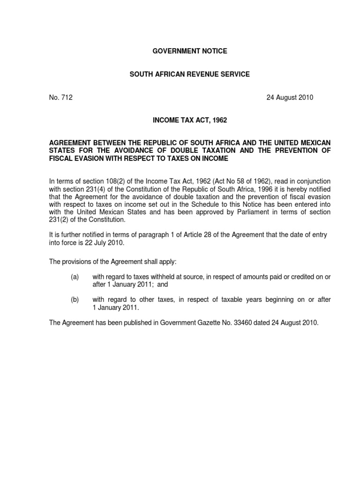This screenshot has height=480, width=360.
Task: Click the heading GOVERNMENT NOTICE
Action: pyautogui.click(x=190, y=51)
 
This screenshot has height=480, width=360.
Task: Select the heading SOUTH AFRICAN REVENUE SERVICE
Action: pyautogui.click(x=190, y=75)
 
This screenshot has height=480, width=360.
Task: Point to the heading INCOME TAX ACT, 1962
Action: pyautogui.click(x=190, y=120)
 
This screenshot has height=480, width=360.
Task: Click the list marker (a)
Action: pyautogui.click(x=75, y=277)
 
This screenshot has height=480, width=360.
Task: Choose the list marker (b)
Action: pyautogui.click(x=75, y=300)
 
